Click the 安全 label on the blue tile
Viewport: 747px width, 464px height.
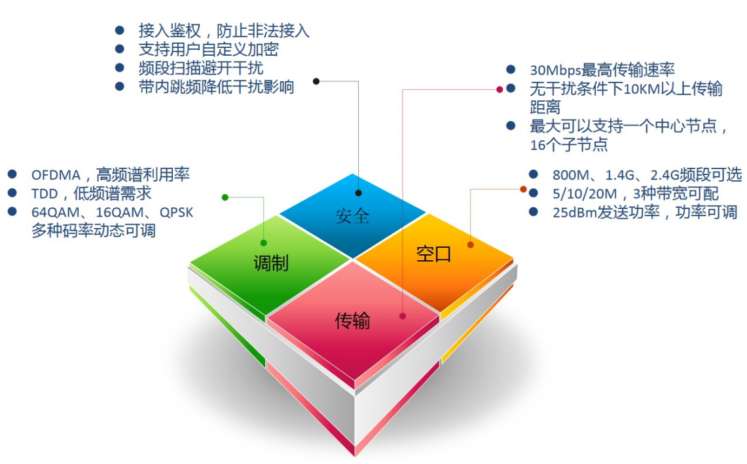coord(352,216)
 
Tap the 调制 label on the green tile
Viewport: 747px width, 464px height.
coord(270,263)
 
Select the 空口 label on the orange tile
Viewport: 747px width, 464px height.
coord(433,254)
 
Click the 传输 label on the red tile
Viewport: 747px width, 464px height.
coord(352,320)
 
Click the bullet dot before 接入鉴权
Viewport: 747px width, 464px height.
coord(119,30)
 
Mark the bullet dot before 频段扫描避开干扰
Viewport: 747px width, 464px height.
coord(119,68)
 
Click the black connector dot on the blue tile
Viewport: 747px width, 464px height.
coord(358,193)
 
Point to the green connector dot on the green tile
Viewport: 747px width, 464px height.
coord(263,242)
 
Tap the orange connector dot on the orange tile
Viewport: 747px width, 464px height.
coord(470,244)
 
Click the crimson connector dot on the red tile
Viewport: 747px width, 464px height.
coord(402,315)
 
